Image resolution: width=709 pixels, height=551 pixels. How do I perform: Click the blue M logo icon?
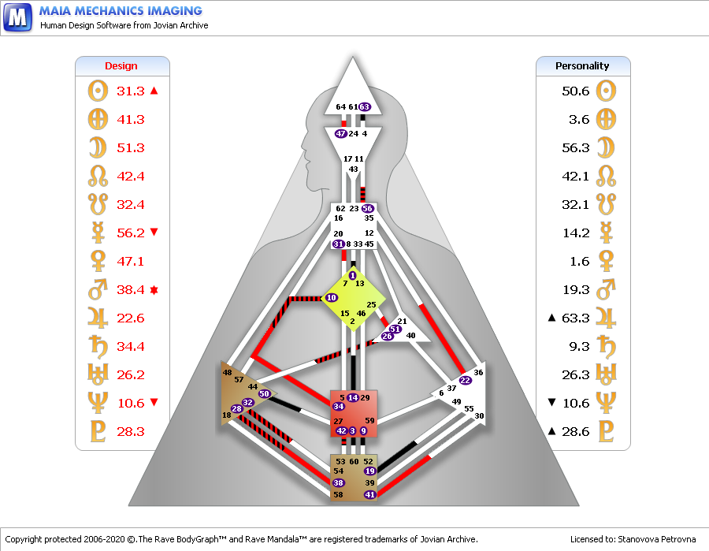(x=18, y=17)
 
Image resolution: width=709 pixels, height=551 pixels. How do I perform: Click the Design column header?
(x=121, y=66)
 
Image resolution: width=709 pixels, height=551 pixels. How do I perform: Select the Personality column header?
(x=582, y=66)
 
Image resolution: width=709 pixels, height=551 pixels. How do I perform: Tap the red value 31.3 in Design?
(x=131, y=91)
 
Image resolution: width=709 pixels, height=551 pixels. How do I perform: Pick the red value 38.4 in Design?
(x=131, y=289)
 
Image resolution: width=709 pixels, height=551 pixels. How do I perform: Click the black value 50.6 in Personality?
(x=575, y=91)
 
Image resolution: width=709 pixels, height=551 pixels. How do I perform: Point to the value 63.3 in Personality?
(x=575, y=318)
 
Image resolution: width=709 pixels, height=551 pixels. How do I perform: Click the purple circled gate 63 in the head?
(x=365, y=106)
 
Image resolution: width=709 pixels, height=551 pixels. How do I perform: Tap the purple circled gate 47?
(x=341, y=134)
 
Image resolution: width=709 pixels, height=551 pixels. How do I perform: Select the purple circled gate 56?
(x=367, y=208)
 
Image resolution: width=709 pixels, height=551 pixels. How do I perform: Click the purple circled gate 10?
(x=332, y=297)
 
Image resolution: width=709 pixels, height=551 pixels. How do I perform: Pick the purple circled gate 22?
(x=466, y=380)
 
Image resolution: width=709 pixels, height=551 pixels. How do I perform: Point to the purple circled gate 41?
(x=370, y=494)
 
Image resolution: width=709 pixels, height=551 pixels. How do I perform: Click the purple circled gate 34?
(x=339, y=406)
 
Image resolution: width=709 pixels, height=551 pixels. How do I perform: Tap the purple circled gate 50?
(x=265, y=393)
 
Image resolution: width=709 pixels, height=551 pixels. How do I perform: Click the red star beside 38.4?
(x=154, y=289)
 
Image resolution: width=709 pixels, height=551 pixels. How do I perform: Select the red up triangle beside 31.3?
(x=154, y=91)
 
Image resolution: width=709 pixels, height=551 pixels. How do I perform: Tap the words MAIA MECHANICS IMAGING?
(x=121, y=11)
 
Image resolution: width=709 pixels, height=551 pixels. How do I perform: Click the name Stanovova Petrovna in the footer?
(x=658, y=539)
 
